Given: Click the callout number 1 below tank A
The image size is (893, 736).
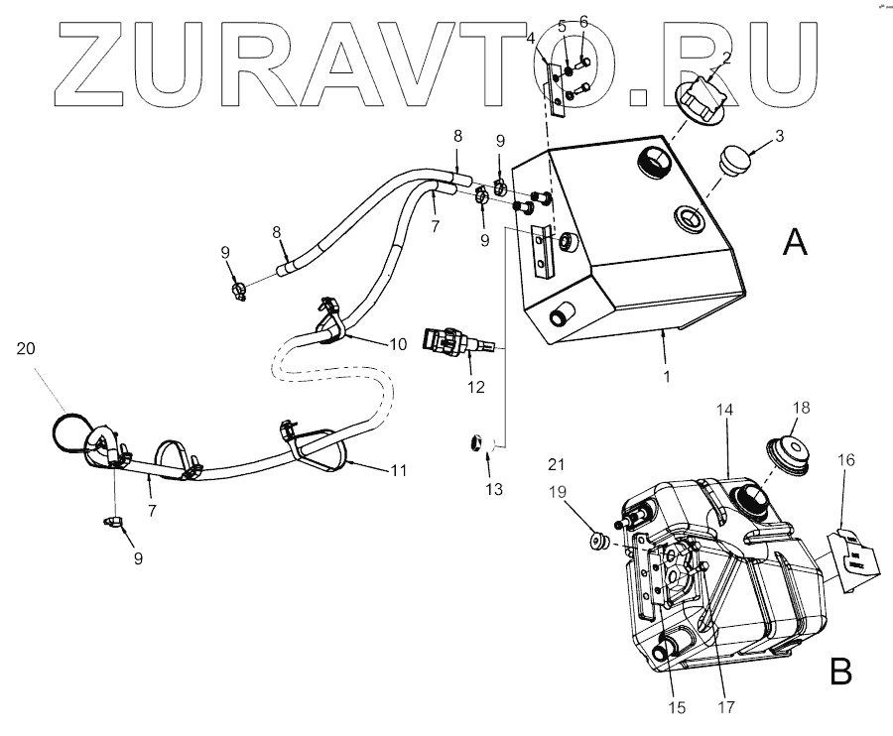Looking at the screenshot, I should coord(666,377).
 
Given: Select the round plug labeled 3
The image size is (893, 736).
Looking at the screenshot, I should coord(733,158).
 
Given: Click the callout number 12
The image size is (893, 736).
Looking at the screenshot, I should coord(476,386).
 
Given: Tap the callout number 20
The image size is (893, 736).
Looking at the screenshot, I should coord(26,347).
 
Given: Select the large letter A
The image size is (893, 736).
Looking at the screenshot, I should coord(794,241).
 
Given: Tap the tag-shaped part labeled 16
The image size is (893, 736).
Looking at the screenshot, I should coord(849,560).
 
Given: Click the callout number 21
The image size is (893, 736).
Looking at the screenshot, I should coord(556,464).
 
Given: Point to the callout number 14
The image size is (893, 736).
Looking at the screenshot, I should coord(728,410).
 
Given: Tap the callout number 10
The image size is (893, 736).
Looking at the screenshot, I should coord(397,344).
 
